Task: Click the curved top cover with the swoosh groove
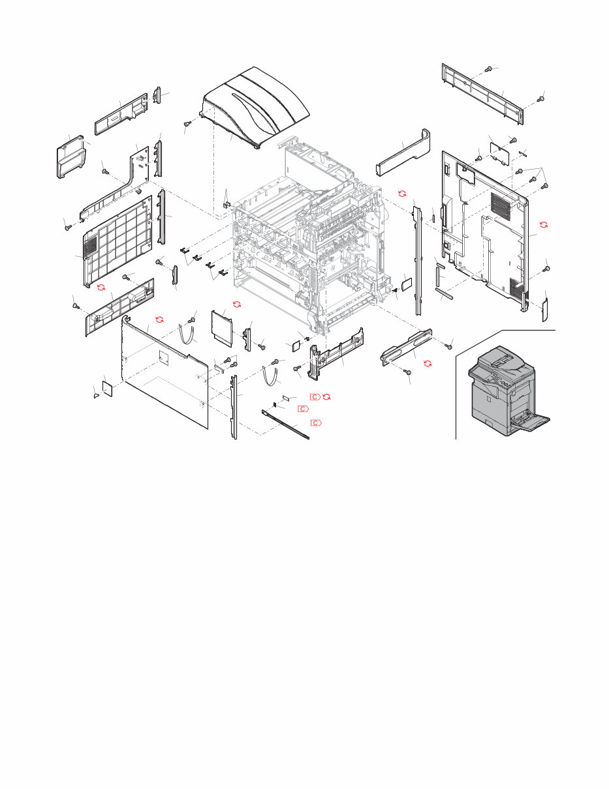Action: tap(255, 108)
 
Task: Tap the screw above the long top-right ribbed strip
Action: tap(489, 69)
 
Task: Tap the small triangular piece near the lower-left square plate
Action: tap(96, 393)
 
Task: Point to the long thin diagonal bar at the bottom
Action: tap(285, 424)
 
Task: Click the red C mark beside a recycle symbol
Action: tap(315, 396)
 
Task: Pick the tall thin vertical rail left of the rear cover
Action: tap(417, 258)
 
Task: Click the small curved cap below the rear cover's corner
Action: tap(546, 310)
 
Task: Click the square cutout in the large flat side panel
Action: tap(163, 355)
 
